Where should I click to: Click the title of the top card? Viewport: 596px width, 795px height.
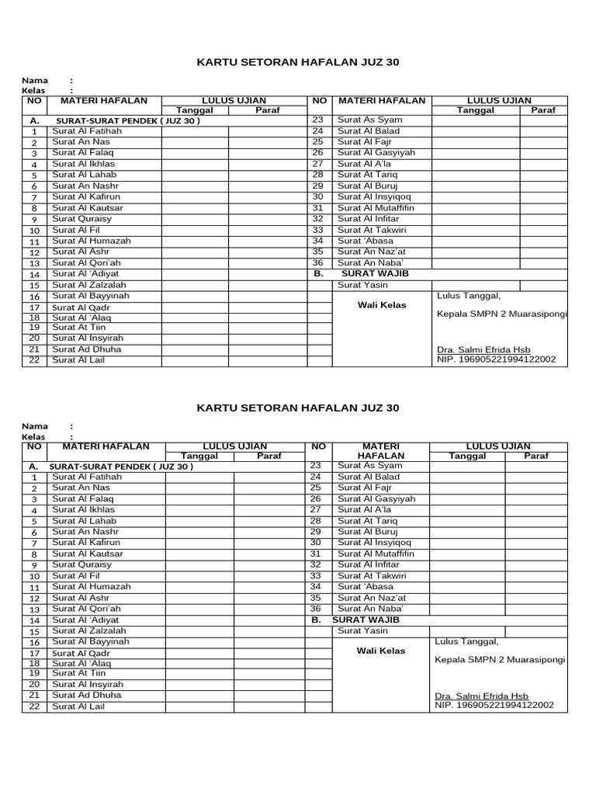pyautogui.click(x=298, y=61)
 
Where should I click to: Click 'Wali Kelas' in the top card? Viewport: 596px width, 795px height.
pyautogui.click(x=382, y=305)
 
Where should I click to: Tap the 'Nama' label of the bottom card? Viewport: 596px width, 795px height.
pyautogui.click(x=35, y=426)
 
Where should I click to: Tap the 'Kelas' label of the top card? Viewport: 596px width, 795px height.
pyautogui.click(x=34, y=91)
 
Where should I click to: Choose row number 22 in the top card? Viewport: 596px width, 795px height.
pyautogui.click(x=34, y=359)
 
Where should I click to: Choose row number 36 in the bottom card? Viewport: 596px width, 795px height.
pyautogui.click(x=316, y=609)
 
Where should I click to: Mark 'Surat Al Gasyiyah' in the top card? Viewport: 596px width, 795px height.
pyautogui.click(x=376, y=153)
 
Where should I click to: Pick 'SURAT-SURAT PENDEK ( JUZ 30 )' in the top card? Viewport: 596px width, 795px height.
pyautogui.click(x=127, y=122)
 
